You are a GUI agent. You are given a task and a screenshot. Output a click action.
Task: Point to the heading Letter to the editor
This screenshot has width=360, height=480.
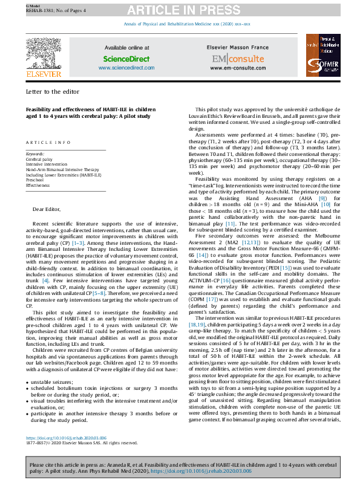[x=53, y=91]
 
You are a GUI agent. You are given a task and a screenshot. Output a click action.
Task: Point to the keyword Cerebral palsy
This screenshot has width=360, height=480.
[x=39, y=159]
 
